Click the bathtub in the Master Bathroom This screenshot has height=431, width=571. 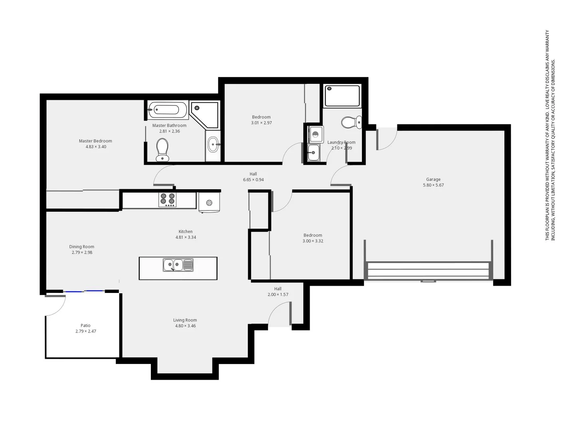coord(168,110)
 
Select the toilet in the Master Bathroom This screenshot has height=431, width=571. coord(162,150)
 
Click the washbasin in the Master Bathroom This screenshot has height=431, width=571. coord(213,144)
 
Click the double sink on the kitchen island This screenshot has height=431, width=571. coord(178,265)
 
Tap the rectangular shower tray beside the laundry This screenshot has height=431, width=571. coord(342,96)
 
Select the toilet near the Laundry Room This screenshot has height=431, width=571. coord(351,122)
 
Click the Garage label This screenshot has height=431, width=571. coord(433,180)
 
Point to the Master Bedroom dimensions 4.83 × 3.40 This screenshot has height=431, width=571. coord(96,147)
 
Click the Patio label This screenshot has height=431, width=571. coord(85,326)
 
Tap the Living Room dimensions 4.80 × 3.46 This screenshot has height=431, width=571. coord(185,326)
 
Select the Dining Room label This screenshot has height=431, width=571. coord(82,247)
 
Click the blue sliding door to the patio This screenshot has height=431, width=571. coord(84,292)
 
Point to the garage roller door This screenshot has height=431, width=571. coord(428,270)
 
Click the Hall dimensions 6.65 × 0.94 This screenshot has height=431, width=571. coord(253,180)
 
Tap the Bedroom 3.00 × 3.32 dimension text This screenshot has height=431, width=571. coord(313,241)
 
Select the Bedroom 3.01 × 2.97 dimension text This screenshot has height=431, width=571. coord(261,123)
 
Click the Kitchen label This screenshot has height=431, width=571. coord(186,231)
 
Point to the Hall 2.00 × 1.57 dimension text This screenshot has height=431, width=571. coord(278,295)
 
